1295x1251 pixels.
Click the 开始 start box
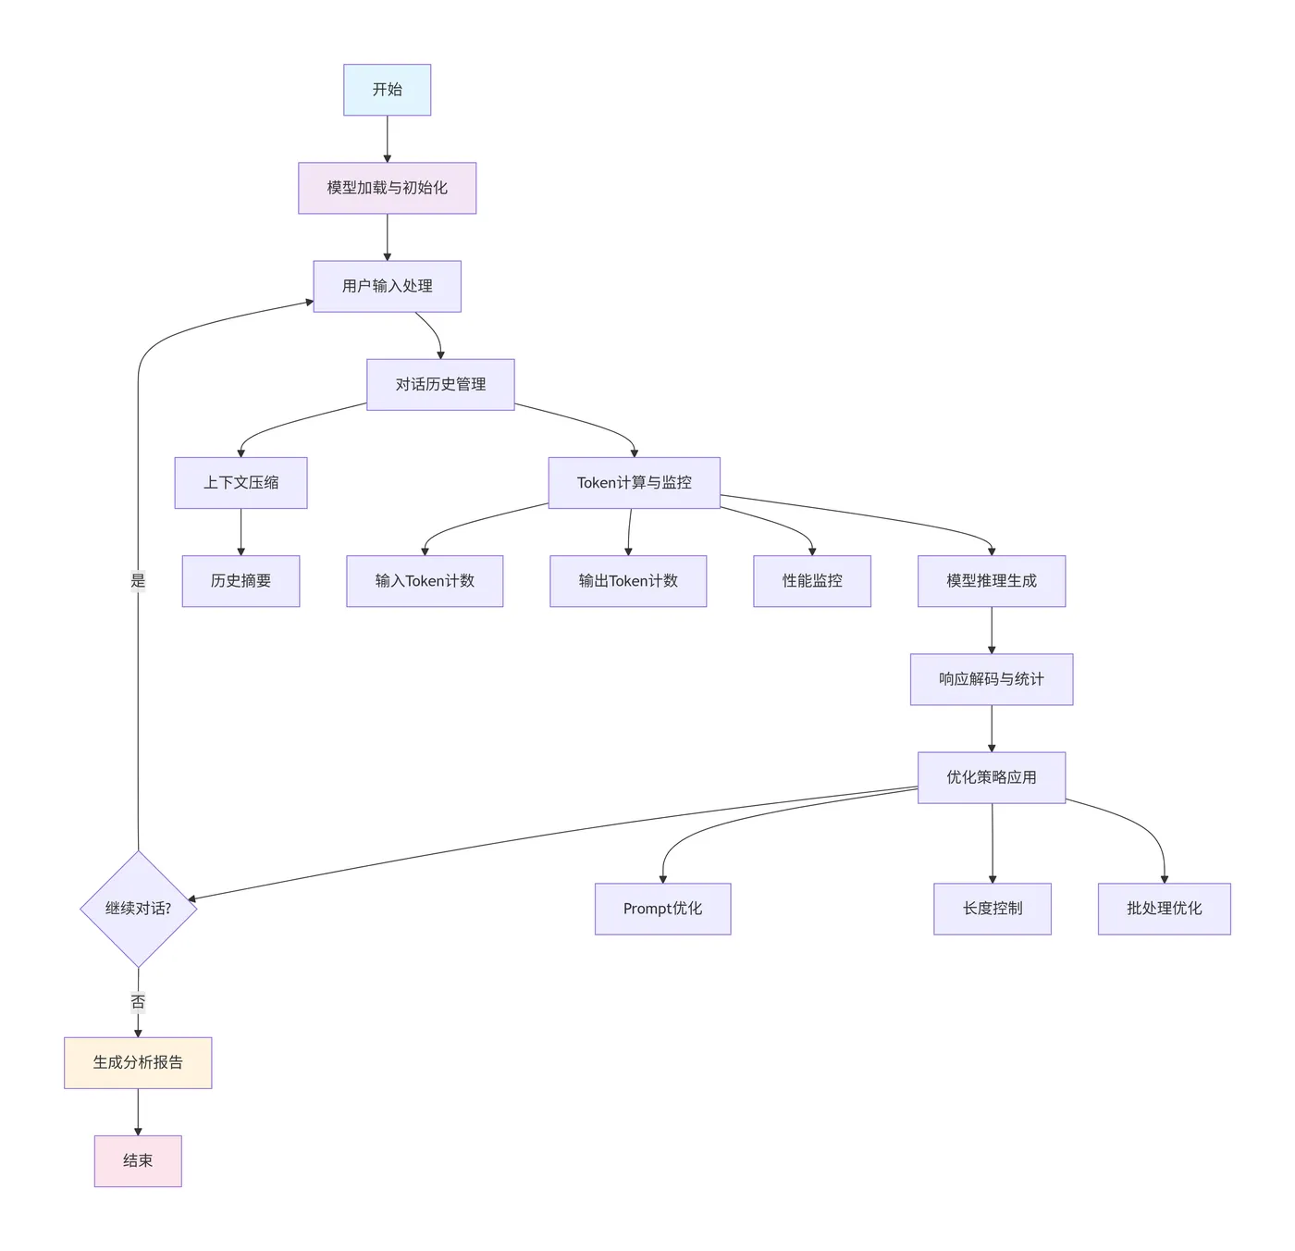click(x=387, y=90)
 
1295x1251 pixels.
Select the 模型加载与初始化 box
click(x=387, y=188)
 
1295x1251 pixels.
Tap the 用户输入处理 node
click(x=387, y=286)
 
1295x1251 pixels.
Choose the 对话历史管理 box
click(x=440, y=384)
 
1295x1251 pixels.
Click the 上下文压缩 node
click(x=240, y=482)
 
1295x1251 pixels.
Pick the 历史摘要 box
click(x=240, y=581)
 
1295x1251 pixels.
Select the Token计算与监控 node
click(x=634, y=482)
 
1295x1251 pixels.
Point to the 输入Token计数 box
click(x=425, y=581)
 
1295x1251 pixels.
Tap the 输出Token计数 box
click(x=628, y=581)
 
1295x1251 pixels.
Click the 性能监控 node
click(x=812, y=581)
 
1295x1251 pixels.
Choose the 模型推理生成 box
click(x=992, y=581)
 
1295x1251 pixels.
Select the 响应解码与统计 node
click(x=992, y=679)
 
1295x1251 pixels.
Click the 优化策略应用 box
click(x=992, y=777)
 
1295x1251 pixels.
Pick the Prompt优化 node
click(x=662, y=909)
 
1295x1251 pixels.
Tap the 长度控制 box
click(x=993, y=909)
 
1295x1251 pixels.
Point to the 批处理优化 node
click(x=1164, y=909)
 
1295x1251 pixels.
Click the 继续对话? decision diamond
click(x=139, y=909)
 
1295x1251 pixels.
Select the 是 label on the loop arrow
click(x=138, y=581)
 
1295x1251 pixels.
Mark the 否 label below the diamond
click(x=138, y=1002)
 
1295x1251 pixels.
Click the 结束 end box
click(x=138, y=1160)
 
